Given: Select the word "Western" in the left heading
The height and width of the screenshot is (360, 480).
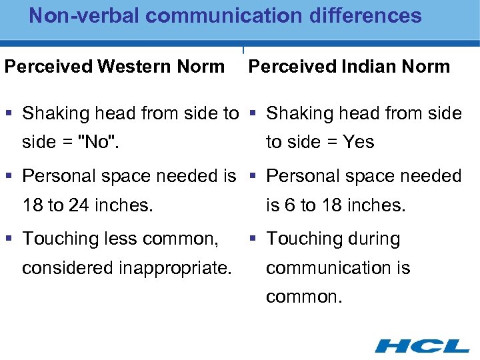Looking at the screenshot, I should point(131,67).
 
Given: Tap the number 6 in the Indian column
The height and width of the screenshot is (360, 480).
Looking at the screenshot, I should point(290,205).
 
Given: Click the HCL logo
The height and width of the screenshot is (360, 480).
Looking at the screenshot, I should point(422,345).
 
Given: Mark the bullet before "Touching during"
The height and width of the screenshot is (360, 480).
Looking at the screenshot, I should point(256,239).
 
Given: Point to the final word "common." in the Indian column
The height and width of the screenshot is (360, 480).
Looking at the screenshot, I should point(304,297).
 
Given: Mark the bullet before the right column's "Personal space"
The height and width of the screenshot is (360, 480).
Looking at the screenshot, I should point(256,177).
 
